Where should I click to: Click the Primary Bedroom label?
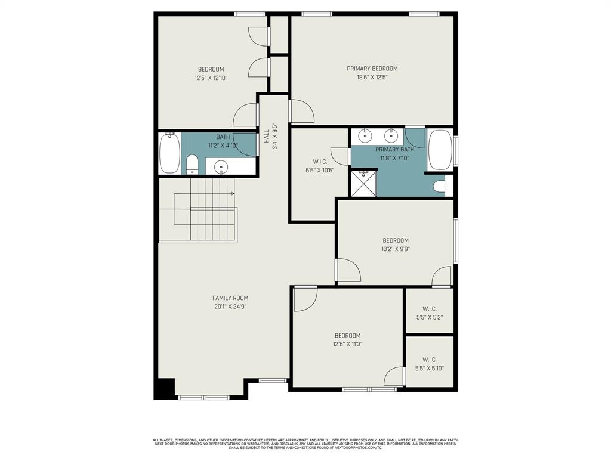pyautogui.click(x=372, y=69)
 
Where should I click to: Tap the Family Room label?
pyautogui.click(x=230, y=298)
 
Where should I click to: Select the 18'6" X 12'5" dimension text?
pyautogui.click(x=372, y=77)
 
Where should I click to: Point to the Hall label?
pyautogui.click(x=266, y=137)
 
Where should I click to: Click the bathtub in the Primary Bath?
pyautogui.click(x=440, y=150)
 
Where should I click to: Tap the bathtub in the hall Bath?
pyautogui.click(x=170, y=153)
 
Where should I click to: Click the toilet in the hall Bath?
pyautogui.click(x=192, y=165)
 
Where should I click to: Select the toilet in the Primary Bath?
pyautogui.click(x=440, y=186)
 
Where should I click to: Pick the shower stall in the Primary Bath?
pyautogui.click(x=364, y=184)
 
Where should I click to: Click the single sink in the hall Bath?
pyautogui.click(x=221, y=166)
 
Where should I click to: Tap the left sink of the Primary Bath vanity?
pyautogui.click(x=366, y=136)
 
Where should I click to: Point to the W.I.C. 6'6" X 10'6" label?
pyautogui.click(x=320, y=166)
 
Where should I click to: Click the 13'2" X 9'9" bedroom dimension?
pyautogui.click(x=396, y=249)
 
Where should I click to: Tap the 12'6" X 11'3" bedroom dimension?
pyautogui.click(x=348, y=344)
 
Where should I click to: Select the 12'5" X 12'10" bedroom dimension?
pyautogui.click(x=211, y=78)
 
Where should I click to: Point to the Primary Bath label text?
pyautogui.click(x=395, y=150)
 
